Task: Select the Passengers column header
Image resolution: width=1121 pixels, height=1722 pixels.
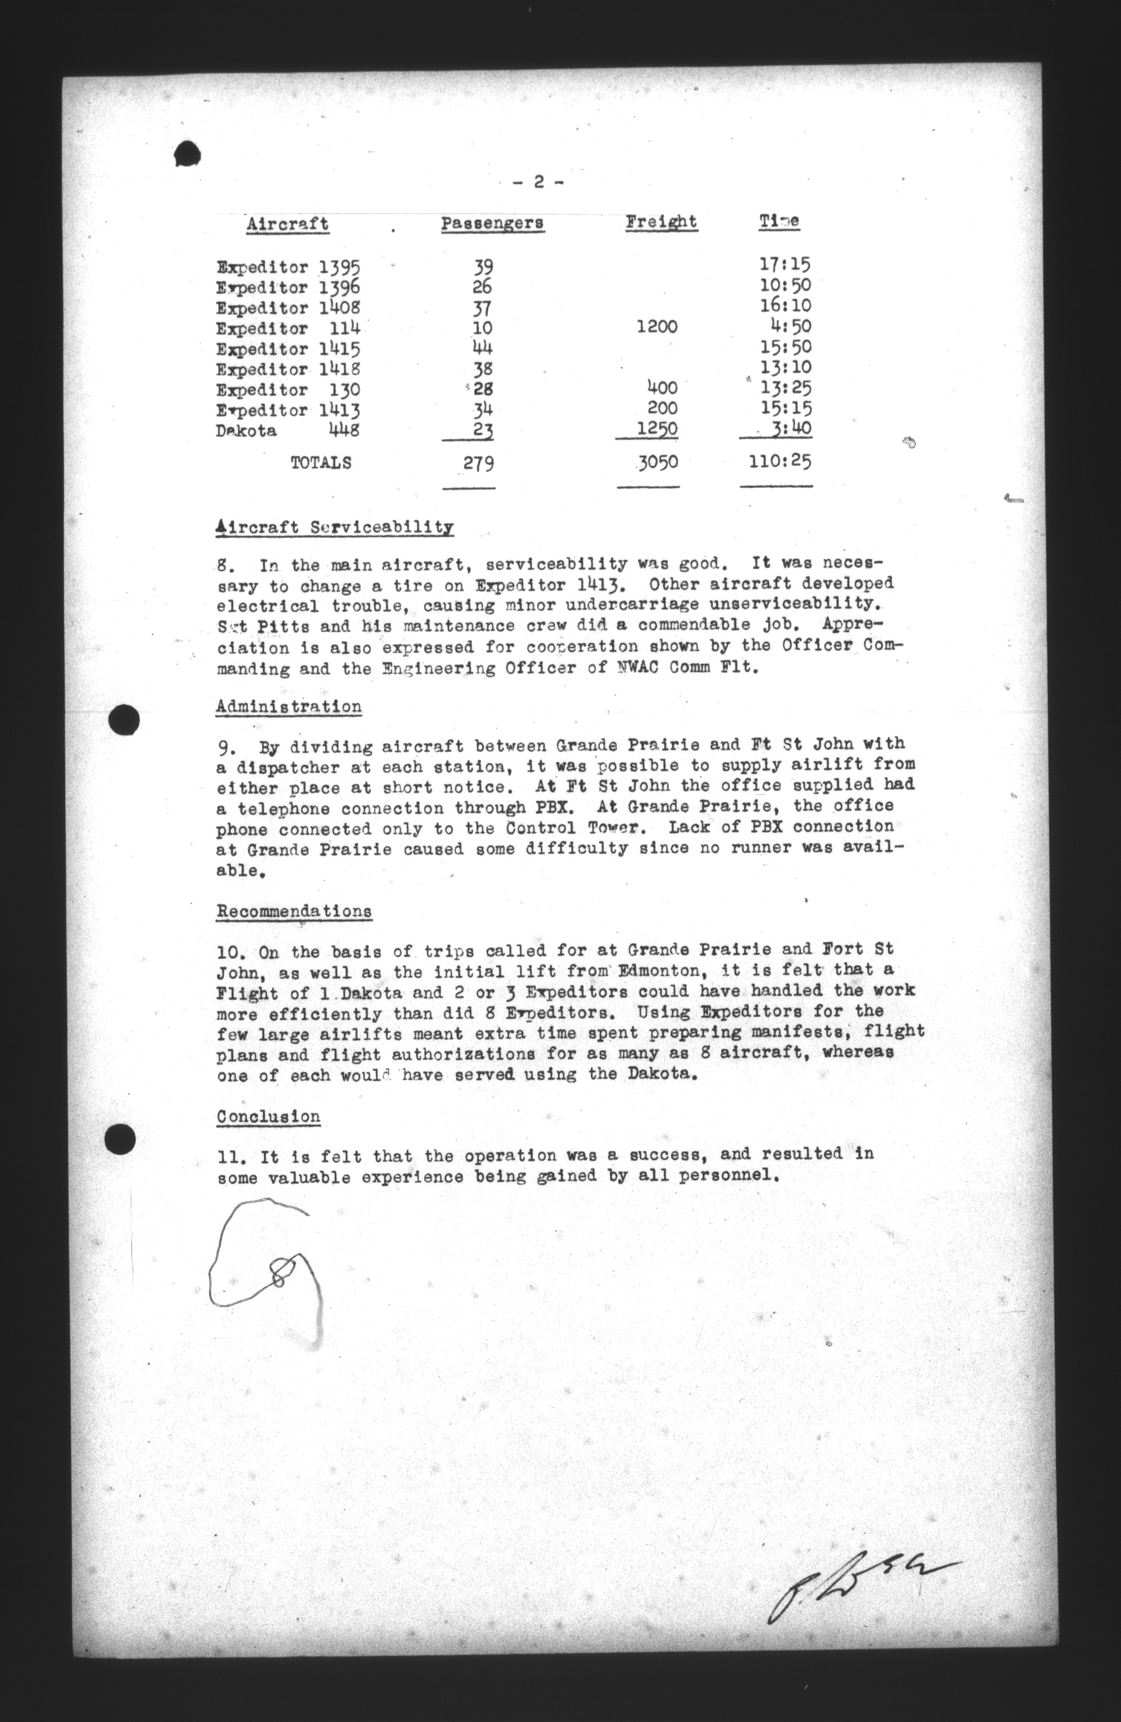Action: point(492,223)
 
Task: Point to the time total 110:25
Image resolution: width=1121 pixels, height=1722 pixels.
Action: point(779,461)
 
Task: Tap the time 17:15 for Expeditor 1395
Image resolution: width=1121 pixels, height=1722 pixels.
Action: point(784,265)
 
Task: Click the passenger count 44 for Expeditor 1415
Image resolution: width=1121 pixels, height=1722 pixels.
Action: point(482,348)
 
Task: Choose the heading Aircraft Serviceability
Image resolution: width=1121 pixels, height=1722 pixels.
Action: point(334,528)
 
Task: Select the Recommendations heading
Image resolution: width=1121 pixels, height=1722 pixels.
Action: point(294,911)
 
